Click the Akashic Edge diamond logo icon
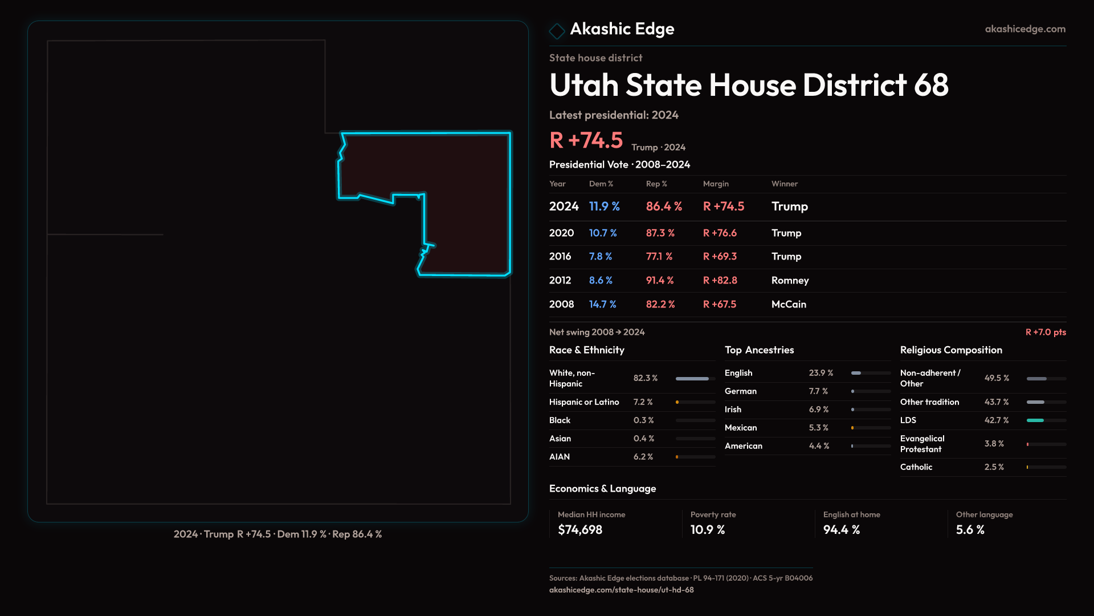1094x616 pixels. click(557, 31)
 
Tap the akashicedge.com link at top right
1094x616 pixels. click(1025, 29)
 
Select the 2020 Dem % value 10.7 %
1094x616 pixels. click(603, 233)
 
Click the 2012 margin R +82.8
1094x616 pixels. click(720, 281)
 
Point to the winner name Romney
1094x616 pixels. click(790, 281)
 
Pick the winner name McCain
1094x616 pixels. click(789, 305)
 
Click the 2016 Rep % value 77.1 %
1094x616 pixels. click(659, 257)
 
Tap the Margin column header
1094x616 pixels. click(716, 184)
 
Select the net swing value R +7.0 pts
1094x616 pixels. click(1046, 333)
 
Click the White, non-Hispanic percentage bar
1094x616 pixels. click(693, 379)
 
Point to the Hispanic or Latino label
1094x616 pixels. click(584, 402)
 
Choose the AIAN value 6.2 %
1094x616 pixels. click(643, 457)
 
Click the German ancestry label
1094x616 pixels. click(741, 391)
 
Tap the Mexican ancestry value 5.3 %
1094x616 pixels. click(819, 428)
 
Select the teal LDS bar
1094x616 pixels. click(1035, 420)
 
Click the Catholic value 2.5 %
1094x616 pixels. click(994, 467)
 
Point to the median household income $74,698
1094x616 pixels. click(580, 530)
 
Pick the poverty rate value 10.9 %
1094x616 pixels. click(708, 530)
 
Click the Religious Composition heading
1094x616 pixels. click(951, 350)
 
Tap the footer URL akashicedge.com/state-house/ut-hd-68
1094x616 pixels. click(622, 590)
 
